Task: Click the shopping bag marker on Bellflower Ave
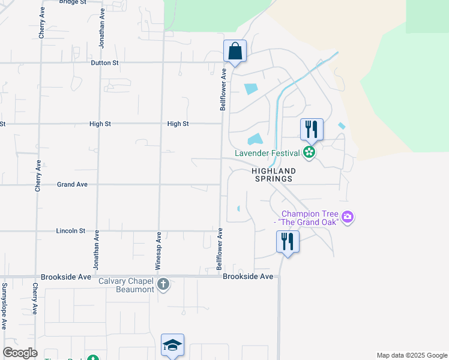235,52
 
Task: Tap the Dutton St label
105,62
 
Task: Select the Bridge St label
73,2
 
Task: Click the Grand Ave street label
72,184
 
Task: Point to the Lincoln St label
71,230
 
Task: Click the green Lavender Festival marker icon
309,153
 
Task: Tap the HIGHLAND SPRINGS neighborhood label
274,175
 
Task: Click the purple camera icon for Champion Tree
347,217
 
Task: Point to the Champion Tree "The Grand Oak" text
307,218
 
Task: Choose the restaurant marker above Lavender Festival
312,129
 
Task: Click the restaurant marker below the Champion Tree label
288,242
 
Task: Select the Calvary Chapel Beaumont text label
135,285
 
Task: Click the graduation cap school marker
172,346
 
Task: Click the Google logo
20,353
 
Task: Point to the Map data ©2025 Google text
411,355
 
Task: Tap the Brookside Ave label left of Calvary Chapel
66,277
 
